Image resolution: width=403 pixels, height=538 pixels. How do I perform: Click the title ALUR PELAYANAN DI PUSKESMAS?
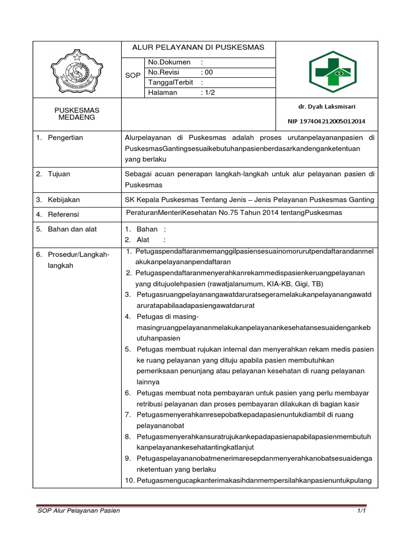pos(198,48)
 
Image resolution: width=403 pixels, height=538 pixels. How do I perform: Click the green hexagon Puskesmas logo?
pos(332,72)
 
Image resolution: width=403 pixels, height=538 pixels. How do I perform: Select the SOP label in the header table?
pos(133,76)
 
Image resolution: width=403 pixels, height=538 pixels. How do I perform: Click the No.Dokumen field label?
pos(169,62)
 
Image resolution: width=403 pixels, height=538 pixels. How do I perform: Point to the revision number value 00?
pos(209,73)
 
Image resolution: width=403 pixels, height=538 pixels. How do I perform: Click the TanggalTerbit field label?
pos(171,82)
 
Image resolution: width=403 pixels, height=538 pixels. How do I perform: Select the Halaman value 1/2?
pos(209,92)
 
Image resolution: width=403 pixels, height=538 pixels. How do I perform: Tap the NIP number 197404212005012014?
pos(326,121)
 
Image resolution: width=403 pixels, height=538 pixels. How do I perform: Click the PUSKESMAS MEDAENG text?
pos(77,114)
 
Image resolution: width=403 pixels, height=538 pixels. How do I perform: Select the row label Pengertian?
pos(65,138)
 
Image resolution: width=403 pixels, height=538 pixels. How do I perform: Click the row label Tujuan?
pos(60,174)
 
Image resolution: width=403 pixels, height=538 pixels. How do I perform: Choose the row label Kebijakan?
pos(63,200)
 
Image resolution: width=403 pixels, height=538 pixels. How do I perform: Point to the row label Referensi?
pos(63,214)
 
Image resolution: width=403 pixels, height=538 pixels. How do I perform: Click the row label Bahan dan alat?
pos(72,229)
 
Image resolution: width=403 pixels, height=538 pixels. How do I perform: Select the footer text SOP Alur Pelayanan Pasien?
pos(78,511)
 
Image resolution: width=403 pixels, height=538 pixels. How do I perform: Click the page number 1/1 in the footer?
pos(361,511)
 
